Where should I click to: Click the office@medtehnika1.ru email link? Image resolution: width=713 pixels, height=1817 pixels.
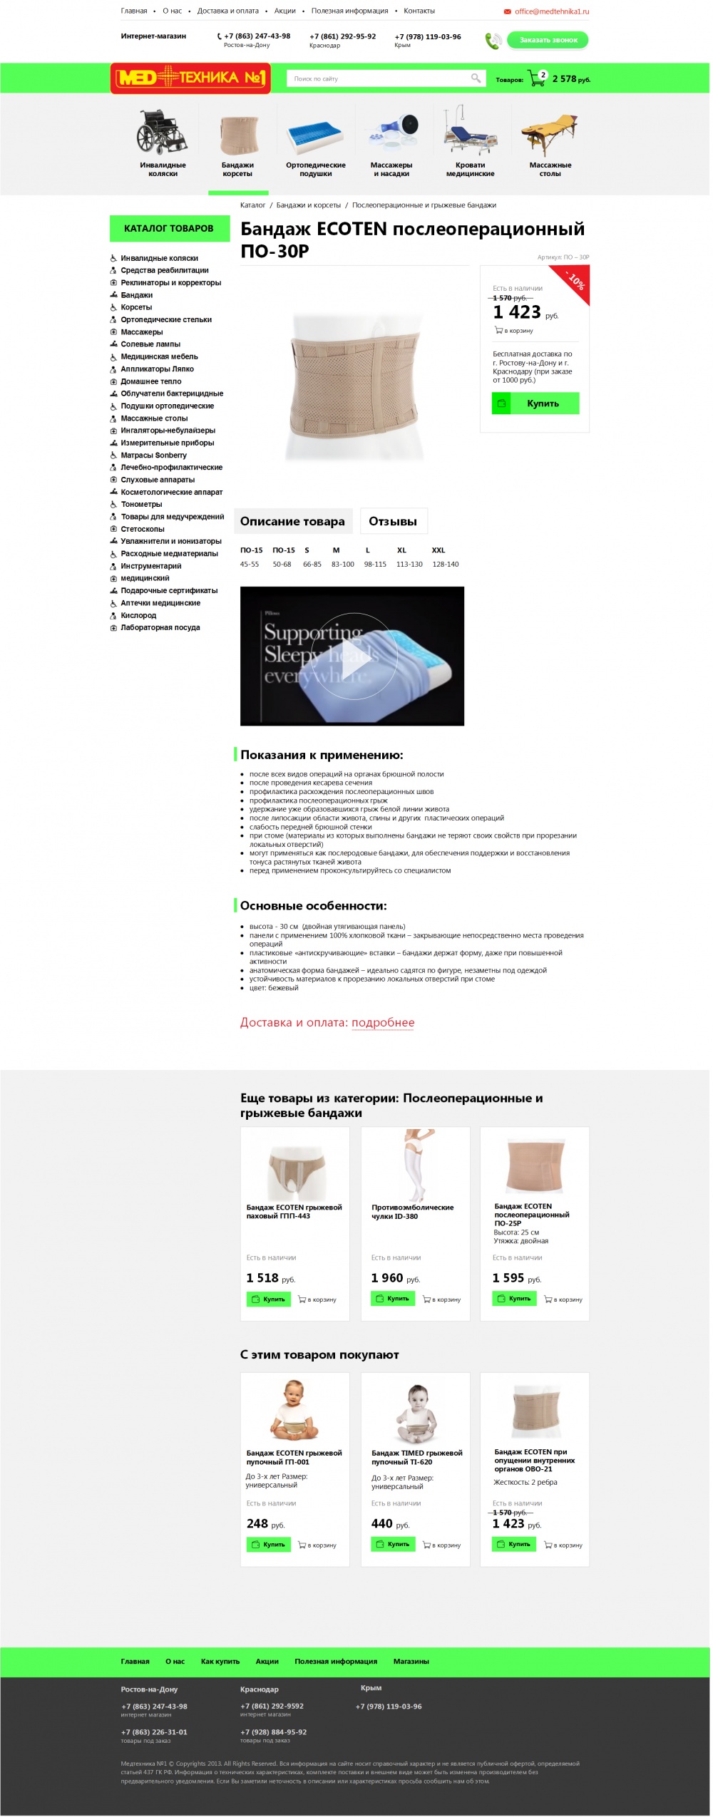(551, 11)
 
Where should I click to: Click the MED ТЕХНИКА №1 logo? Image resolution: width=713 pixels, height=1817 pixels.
(190, 78)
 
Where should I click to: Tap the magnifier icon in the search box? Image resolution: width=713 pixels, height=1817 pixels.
(476, 78)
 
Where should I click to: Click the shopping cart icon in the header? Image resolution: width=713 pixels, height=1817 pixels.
(535, 78)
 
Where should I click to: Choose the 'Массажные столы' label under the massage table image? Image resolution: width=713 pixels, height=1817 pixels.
(550, 170)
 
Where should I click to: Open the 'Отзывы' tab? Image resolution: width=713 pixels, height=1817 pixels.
(393, 522)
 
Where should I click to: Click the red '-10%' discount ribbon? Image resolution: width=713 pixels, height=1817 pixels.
(575, 280)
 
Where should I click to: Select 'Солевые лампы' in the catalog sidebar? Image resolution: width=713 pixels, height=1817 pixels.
(150, 344)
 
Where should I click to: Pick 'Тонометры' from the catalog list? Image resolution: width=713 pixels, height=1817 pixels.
(141, 505)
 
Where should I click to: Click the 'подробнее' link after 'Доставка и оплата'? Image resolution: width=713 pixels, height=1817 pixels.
(383, 1023)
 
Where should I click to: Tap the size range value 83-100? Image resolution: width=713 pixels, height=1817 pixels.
(342, 565)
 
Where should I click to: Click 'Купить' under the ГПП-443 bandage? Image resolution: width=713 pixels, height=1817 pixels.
(269, 1299)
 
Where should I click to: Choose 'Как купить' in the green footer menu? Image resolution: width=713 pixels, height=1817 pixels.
(220, 1662)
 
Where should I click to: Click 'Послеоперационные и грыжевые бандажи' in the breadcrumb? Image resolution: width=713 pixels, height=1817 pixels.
(424, 205)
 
